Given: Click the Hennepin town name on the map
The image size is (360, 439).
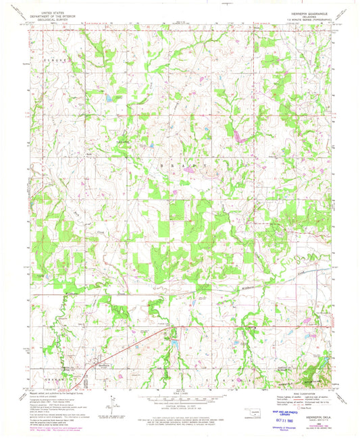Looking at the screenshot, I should point(102,364).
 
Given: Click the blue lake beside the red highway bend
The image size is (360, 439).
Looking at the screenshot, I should point(176,342).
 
